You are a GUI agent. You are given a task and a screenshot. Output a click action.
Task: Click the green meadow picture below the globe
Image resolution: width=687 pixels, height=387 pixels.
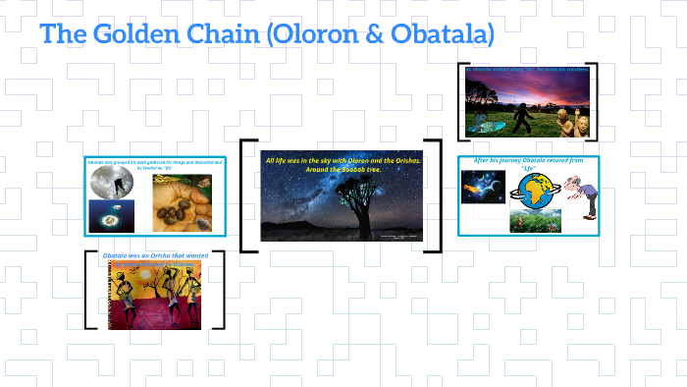(x=534, y=220)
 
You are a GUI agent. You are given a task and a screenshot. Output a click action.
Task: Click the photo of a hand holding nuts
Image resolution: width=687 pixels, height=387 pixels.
(x=178, y=201)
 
